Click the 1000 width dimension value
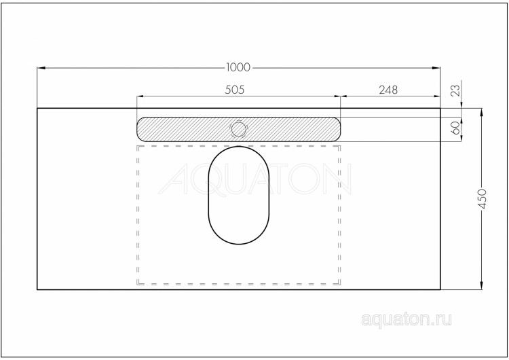coord(238,67)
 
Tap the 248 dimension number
coord(388,89)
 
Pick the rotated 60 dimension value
coord(455,127)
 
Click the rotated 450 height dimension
coord(483,198)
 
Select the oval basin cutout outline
coord(238,195)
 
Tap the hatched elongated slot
coord(292,128)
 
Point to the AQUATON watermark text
coord(258,180)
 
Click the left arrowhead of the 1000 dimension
coord(40,67)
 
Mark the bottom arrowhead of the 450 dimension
coord(482,287)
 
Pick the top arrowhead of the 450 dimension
coord(482,111)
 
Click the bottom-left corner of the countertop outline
coord(37,290)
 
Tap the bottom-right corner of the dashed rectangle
coord(341,284)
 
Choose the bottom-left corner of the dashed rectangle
coord(138,284)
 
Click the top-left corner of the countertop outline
coord(37,108)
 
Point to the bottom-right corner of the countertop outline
coord(440,290)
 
